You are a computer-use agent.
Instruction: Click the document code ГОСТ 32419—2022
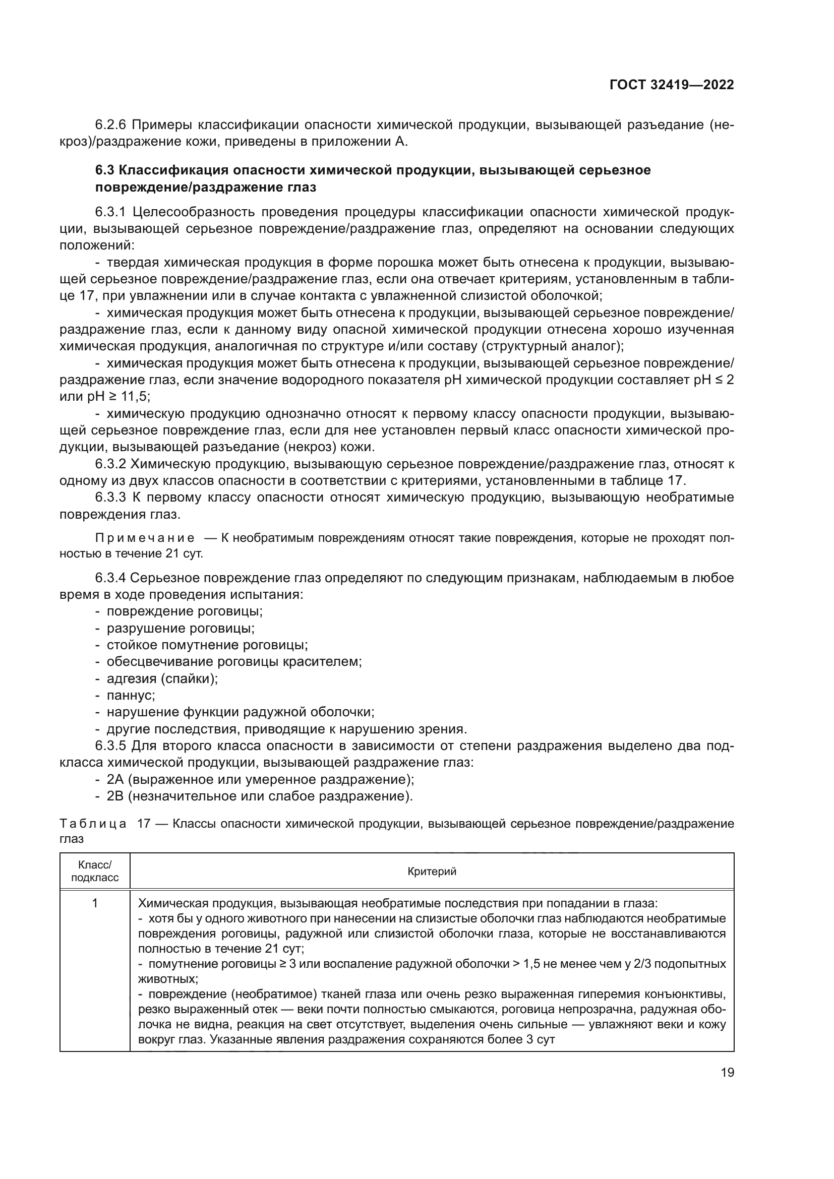click(x=671, y=85)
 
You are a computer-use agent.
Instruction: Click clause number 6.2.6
click(x=110, y=125)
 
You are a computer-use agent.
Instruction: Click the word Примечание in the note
click(x=145, y=538)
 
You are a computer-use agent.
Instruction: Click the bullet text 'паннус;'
click(x=131, y=695)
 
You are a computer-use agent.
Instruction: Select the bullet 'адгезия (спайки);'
click(x=162, y=679)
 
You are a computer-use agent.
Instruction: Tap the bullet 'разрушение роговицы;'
click(x=180, y=629)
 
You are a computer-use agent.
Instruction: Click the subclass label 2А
click(x=115, y=779)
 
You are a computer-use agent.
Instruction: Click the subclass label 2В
click(x=115, y=796)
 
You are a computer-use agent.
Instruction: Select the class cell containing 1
click(x=95, y=903)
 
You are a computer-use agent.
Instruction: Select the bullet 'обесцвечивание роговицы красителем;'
click(x=234, y=662)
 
